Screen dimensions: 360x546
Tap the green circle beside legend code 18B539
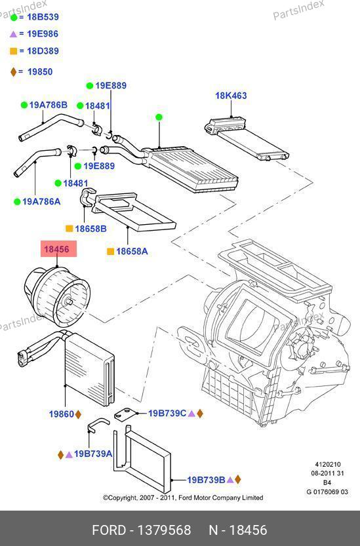tap(14, 18)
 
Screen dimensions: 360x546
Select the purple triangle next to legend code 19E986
tap(13, 34)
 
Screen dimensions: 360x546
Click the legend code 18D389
tap(43, 51)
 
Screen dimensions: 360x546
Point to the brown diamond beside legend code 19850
tap(13, 71)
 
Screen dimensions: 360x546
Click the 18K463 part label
tap(231, 96)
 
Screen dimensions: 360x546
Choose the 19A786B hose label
tap(48, 105)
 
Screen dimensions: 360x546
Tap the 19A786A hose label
tap(41, 201)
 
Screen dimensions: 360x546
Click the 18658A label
tap(132, 251)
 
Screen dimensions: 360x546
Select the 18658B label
tap(90, 229)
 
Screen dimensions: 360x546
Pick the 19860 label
tap(62, 414)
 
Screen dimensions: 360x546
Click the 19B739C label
tap(167, 414)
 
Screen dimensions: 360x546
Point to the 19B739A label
tap(93, 454)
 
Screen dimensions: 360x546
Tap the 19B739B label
tap(207, 480)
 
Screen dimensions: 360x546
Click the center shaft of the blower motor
tap(68, 302)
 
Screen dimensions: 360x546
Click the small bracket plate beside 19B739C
tap(124, 414)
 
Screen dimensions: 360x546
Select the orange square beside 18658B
tap(70, 229)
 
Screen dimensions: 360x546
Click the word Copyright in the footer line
tap(122, 498)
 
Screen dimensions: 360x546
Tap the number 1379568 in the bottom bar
tap(164, 530)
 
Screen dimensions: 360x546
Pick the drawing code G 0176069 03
tap(327, 492)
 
